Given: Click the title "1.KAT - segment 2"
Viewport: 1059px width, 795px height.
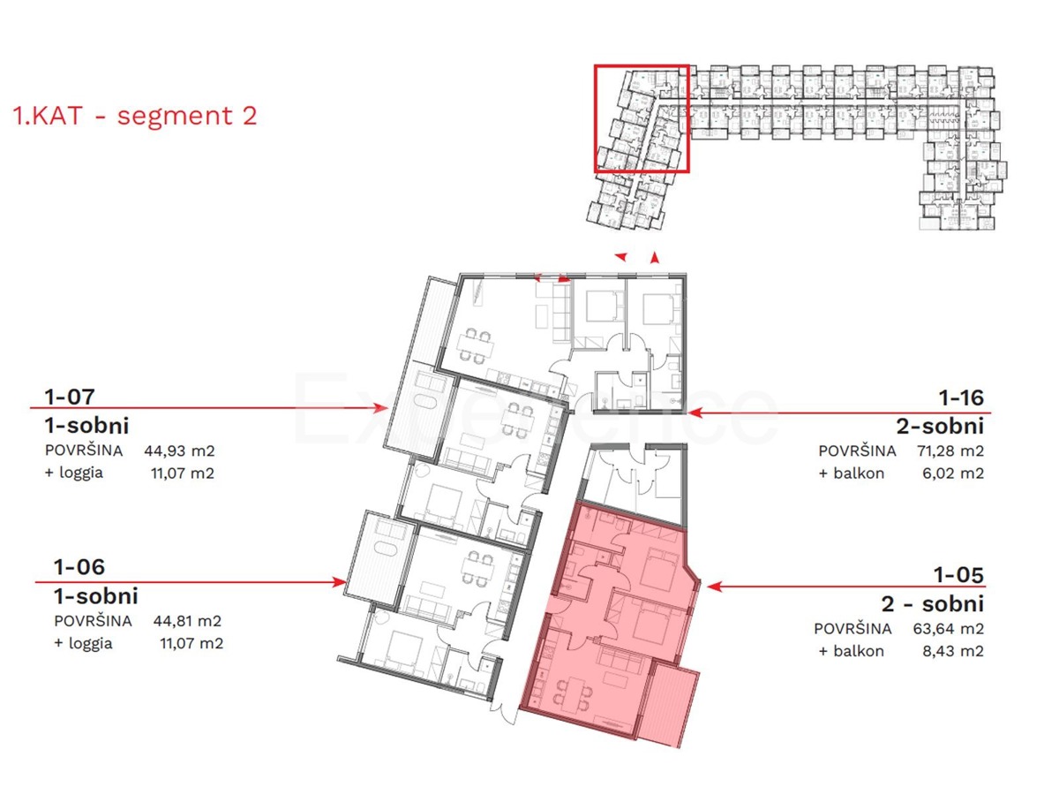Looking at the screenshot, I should tap(135, 116).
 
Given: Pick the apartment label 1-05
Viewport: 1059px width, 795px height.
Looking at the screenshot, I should tap(958, 576).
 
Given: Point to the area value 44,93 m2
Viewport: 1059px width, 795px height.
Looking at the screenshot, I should tap(179, 450).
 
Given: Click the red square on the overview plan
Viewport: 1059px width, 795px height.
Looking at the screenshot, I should tap(641, 117).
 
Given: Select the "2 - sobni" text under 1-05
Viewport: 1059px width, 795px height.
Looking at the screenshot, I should tap(932, 605).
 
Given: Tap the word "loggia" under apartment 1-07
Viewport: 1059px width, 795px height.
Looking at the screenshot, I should tap(79, 473).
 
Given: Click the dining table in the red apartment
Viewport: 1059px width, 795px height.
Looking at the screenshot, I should tap(574, 690).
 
